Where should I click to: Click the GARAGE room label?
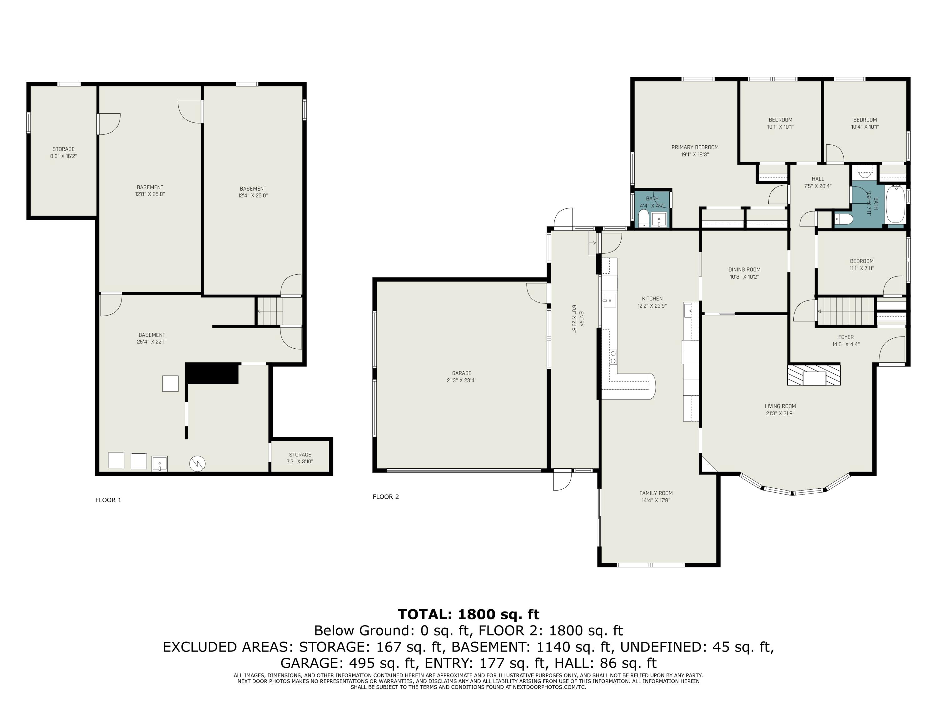click(461, 373)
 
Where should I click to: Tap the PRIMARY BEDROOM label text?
click(695, 147)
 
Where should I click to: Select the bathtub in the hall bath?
click(895, 205)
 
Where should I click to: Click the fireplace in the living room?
click(814, 375)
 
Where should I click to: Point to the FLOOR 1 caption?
click(108, 500)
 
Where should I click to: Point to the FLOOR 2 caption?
click(385, 497)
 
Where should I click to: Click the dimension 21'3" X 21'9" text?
click(780, 413)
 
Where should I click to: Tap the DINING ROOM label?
click(744, 270)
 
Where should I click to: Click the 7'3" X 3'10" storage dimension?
click(300, 461)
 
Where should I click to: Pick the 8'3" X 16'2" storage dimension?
click(63, 156)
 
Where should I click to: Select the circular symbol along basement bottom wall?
click(197, 464)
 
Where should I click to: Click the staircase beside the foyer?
click(845, 312)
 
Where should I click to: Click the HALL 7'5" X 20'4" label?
click(818, 182)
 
